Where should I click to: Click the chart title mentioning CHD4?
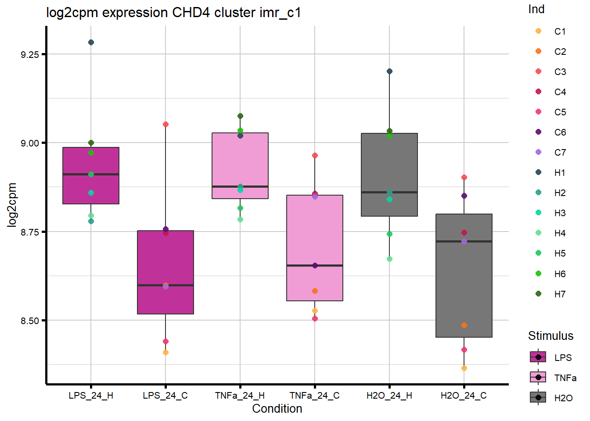pyautogui.click(x=173, y=12)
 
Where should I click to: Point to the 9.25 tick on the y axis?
pyautogui.click(x=30, y=54)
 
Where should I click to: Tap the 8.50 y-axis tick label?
pyautogui.click(x=30, y=321)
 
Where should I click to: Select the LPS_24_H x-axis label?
pyautogui.click(x=91, y=396)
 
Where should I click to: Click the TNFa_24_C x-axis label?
pyautogui.click(x=314, y=396)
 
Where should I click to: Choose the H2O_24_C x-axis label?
pyautogui.click(x=464, y=396)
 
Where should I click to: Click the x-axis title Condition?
pyautogui.click(x=277, y=409)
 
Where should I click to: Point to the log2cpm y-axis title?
pyautogui.click(x=12, y=205)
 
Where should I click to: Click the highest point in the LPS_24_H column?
pyautogui.click(x=91, y=43)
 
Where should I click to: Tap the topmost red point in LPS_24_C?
pyautogui.click(x=165, y=125)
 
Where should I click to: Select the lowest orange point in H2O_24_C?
pyautogui.click(x=464, y=368)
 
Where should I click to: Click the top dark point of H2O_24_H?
pyautogui.click(x=389, y=71)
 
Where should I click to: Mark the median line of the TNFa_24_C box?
pyautogui.click(x=315, y=265)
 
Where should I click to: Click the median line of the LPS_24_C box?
pyautogui.click(x=165, y=285)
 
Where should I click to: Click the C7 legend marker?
pyautogui.click(x=539, y=152)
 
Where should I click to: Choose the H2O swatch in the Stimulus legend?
pyautogui.click(x=538, y=398)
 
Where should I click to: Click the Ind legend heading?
pyautogui.click(x=536, y=9)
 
